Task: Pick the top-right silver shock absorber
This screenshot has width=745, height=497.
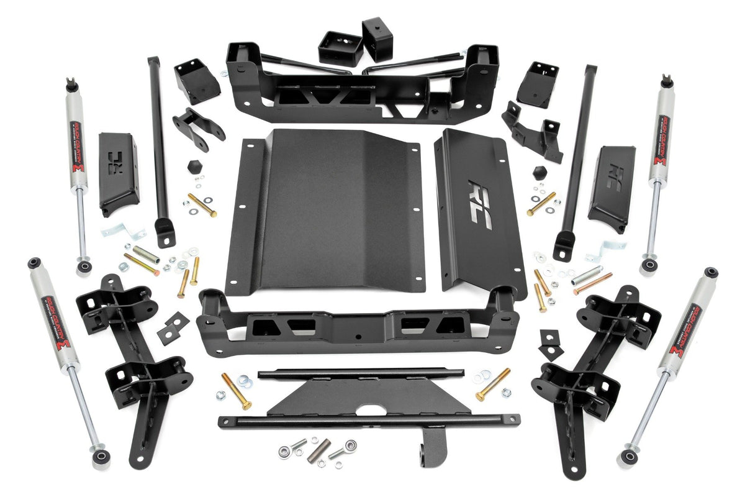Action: pos(659,168)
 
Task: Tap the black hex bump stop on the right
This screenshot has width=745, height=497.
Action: pos(538,171)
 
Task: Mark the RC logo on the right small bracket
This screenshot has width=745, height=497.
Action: pos(615,173)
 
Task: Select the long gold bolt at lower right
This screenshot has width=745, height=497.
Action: pos(493,384)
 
